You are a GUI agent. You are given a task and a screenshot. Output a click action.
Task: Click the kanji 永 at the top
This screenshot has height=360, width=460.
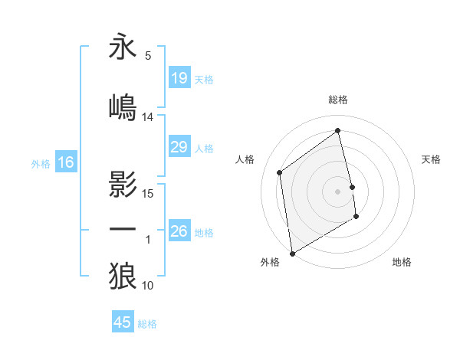tap(123, 47)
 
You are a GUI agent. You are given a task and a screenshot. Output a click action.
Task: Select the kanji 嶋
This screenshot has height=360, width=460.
tap(123, 105)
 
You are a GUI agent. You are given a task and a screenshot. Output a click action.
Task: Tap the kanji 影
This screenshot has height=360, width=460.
tap(123, 185)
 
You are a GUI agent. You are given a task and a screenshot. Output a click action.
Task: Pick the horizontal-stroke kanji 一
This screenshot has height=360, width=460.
tap(123, 229)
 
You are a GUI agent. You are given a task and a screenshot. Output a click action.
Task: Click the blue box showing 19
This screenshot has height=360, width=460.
tap(179, 78)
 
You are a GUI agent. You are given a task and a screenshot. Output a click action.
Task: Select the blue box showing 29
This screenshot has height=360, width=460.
tap(179, 147)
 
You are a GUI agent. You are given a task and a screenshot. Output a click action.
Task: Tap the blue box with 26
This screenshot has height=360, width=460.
tap(179, 231)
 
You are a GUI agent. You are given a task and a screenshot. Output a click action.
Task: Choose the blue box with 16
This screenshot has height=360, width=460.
tap(65, 162)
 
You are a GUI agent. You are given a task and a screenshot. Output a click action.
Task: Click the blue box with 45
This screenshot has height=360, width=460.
tap(123, 322)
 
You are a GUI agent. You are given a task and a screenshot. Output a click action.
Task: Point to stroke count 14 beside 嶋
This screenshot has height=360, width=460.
tap(148, 116)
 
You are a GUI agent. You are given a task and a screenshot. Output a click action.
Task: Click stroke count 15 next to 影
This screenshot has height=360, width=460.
tap(148, 193)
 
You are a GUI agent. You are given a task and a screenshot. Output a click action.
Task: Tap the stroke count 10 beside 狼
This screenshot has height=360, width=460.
tap(148, 286)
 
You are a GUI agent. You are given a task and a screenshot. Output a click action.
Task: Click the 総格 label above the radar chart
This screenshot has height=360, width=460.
tap(338, 100)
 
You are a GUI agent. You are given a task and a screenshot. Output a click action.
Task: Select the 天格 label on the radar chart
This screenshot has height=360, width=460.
tap(432, 159)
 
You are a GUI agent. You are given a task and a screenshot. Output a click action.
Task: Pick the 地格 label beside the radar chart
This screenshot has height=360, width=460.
tap(402, 262)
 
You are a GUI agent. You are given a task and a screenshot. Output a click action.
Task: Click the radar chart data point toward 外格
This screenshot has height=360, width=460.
tap(292, 253)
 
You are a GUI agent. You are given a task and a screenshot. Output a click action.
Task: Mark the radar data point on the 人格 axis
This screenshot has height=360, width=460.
tap(280, 172)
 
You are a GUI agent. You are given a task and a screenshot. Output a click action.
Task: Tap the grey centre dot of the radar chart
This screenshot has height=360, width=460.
tap(338, 191)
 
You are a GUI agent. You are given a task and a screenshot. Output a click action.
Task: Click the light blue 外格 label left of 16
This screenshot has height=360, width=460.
tap(41, 163)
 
